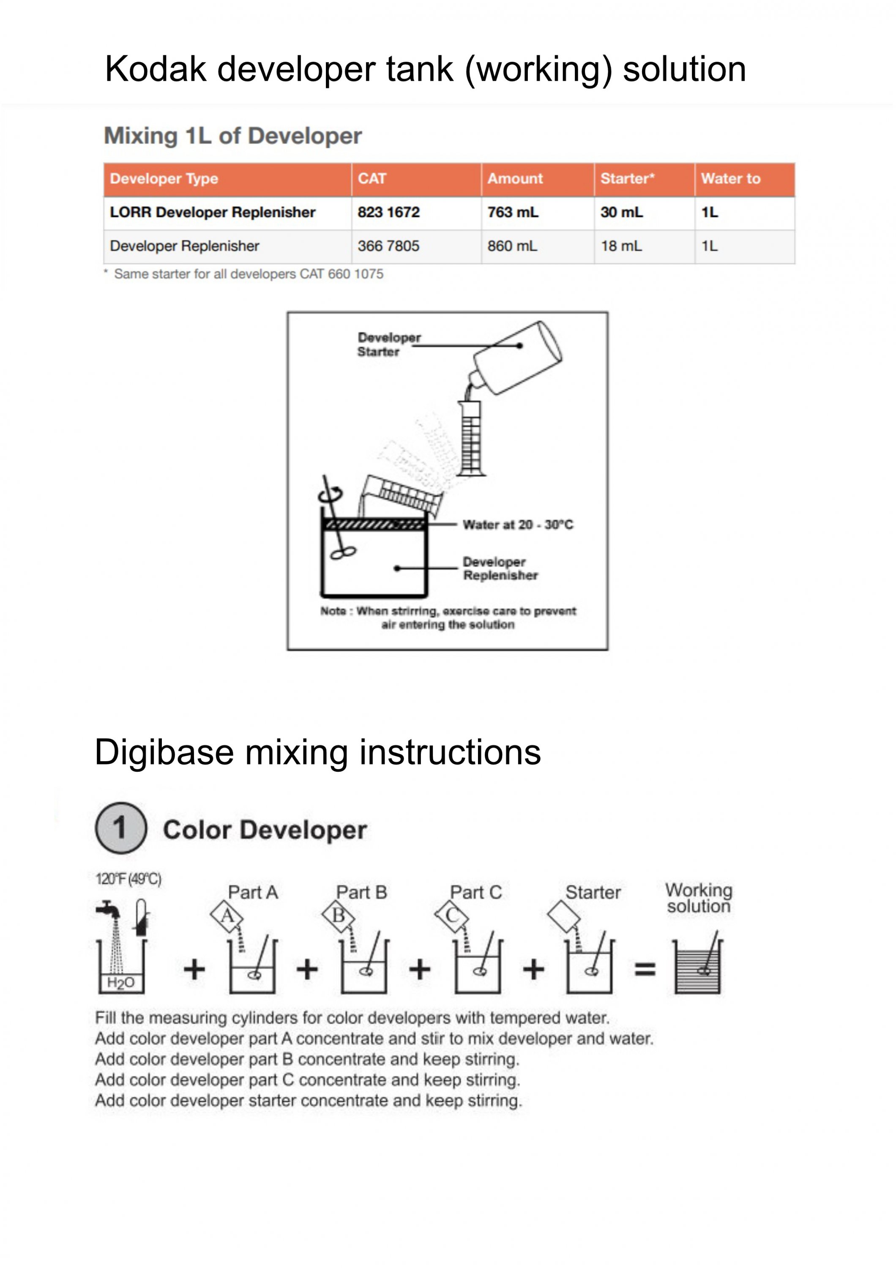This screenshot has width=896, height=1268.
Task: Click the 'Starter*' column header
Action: pyautogui.click(x=627, y=178)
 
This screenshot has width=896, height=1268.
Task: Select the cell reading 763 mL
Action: pyautogui.click(x=512, y=212)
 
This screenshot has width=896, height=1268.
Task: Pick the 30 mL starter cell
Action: pyautogui.click(x=622, y=212)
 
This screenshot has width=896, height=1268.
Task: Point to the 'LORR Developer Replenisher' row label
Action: pyautogui.click(x=213, y=212)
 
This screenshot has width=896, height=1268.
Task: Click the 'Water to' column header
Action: pyautogui.click(x=730, y=178)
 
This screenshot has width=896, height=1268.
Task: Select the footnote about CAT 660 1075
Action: pyautogui.click(x=248, y=274)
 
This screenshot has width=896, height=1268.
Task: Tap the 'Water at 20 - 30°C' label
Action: pyautogui.click(x=518, y=524)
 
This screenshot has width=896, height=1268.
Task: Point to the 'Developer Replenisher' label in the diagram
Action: pyautogui.click(x=500, y=568)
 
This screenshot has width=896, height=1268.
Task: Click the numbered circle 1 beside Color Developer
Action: pyautogui.click(x=121, y=828)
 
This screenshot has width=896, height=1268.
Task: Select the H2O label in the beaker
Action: pyautogui.click(x=120, y=982)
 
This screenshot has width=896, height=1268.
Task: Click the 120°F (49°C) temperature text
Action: pyautogui.click(x=128, y=879)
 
